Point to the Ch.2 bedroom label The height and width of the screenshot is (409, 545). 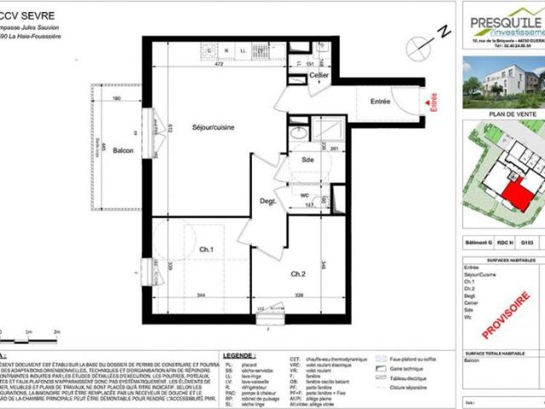tap(297, 274)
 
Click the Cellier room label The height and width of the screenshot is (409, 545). tap(319, 76)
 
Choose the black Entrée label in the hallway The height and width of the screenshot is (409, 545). tap(380, 101)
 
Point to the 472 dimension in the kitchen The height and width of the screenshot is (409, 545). tap(217, 64)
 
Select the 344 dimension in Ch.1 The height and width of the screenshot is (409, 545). tap(202, 294)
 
